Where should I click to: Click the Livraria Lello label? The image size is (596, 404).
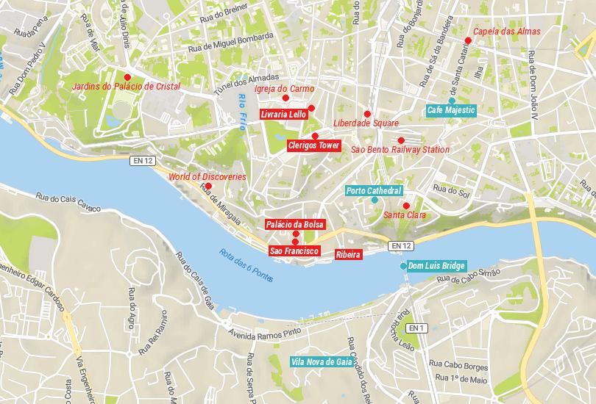pos(283,115)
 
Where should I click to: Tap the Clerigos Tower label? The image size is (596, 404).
pos(314,146)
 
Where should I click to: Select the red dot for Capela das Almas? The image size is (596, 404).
pos(467,40)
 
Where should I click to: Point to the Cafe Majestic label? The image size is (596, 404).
pos(452,110)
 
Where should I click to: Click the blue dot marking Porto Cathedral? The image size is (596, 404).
pos(375,200)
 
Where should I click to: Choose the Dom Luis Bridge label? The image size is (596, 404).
pos(436,265)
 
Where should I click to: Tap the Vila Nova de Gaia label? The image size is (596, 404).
pos(321,361)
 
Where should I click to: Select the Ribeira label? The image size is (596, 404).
pos(347,254)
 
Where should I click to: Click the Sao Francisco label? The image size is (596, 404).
pos(294,251)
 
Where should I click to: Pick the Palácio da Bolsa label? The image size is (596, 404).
pos(294,224)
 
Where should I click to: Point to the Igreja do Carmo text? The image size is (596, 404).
pos(284,89)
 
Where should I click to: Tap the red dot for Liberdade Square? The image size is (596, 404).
pos(367,114)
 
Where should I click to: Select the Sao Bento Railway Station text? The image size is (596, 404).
pos(400,150)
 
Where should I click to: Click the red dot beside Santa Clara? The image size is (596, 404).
pos(406,206)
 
